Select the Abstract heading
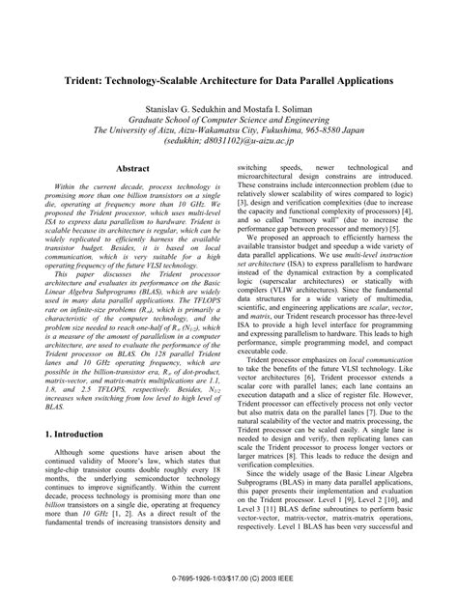pyautogui.click(x=132, y=168)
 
